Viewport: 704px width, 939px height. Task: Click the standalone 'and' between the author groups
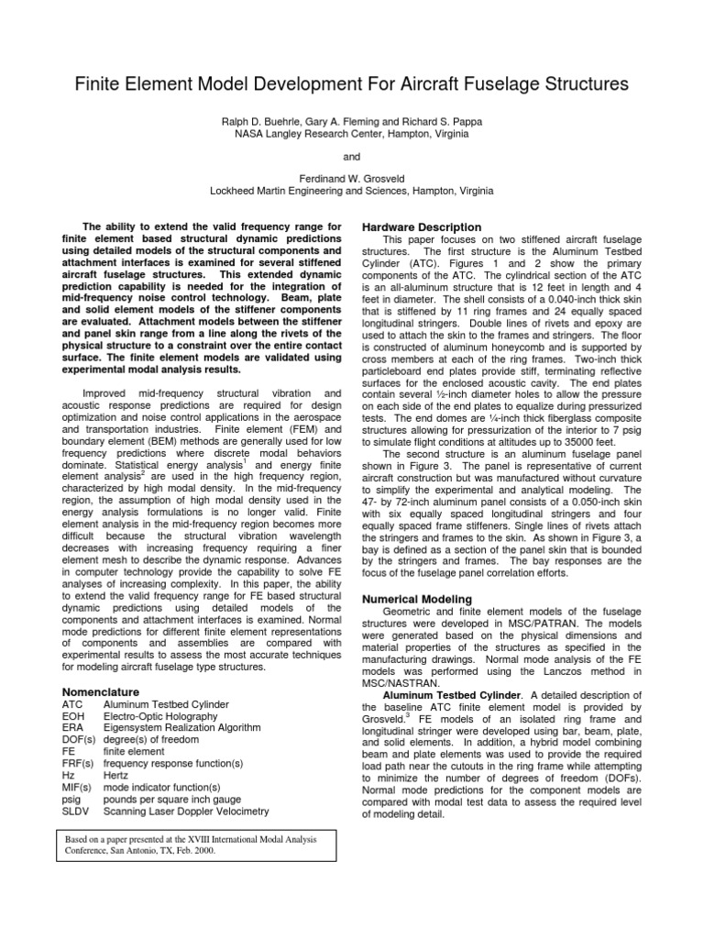click(x=351, y=158)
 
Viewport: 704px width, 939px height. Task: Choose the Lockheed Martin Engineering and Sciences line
click(x=351, y=192)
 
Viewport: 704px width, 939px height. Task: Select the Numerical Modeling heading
click(x=419, y=599)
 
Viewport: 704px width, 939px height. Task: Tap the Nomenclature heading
click(x=100, y=690)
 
